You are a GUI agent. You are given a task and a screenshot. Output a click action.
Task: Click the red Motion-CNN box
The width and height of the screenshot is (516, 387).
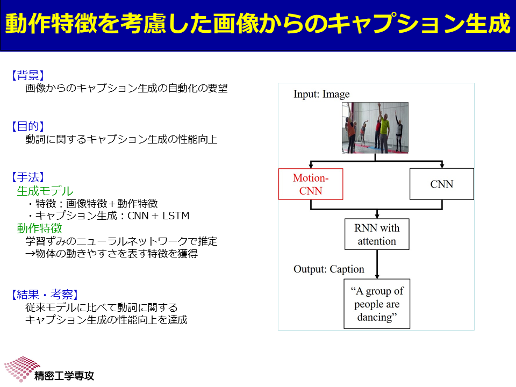pyautogui.click(x=311, y=184)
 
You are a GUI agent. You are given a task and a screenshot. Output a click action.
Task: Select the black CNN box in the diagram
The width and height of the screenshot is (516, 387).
pyautogui.click(x=442, y=184)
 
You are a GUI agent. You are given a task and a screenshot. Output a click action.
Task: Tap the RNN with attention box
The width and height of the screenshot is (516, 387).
pyautogui.click(x=377, y=234)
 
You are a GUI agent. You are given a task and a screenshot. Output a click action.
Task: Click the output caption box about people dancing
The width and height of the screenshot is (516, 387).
pyautogui.click(x=377, y=304)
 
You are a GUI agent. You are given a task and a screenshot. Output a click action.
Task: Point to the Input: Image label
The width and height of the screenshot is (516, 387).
pyautogui.click(x=321, y=94)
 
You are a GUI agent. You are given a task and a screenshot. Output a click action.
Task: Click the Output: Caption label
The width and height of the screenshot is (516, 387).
pyautogui.click(x=329, y=269)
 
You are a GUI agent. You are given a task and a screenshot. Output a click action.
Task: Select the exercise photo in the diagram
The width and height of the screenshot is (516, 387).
pyautogui.click(x=375, y=128)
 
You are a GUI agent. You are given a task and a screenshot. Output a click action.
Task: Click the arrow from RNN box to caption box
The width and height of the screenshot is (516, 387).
pyautogui.click(x=377, y=264)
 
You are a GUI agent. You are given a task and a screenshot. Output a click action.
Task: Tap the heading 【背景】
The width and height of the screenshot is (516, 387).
pyautogui.click(x=28, y=75)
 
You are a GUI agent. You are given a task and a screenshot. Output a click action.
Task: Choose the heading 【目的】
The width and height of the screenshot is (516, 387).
pyautogui.click(x=28, y=126)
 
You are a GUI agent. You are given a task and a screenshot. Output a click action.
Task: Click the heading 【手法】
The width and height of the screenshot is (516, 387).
pyautogui.click(x=28, y=177)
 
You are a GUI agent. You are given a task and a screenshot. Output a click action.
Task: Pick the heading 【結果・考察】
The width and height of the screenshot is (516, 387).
pyautogui.click(x=45, y=294)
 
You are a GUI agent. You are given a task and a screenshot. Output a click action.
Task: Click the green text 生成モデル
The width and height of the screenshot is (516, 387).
pyautogui.click(x=45, y=191)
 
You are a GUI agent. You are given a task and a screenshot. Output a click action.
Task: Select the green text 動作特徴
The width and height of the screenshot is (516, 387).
pyautogui.click(x=39, y=228)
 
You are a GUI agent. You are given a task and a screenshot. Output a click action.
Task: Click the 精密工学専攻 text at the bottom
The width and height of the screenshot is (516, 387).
pyautogui.click(x=64, y=376)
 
